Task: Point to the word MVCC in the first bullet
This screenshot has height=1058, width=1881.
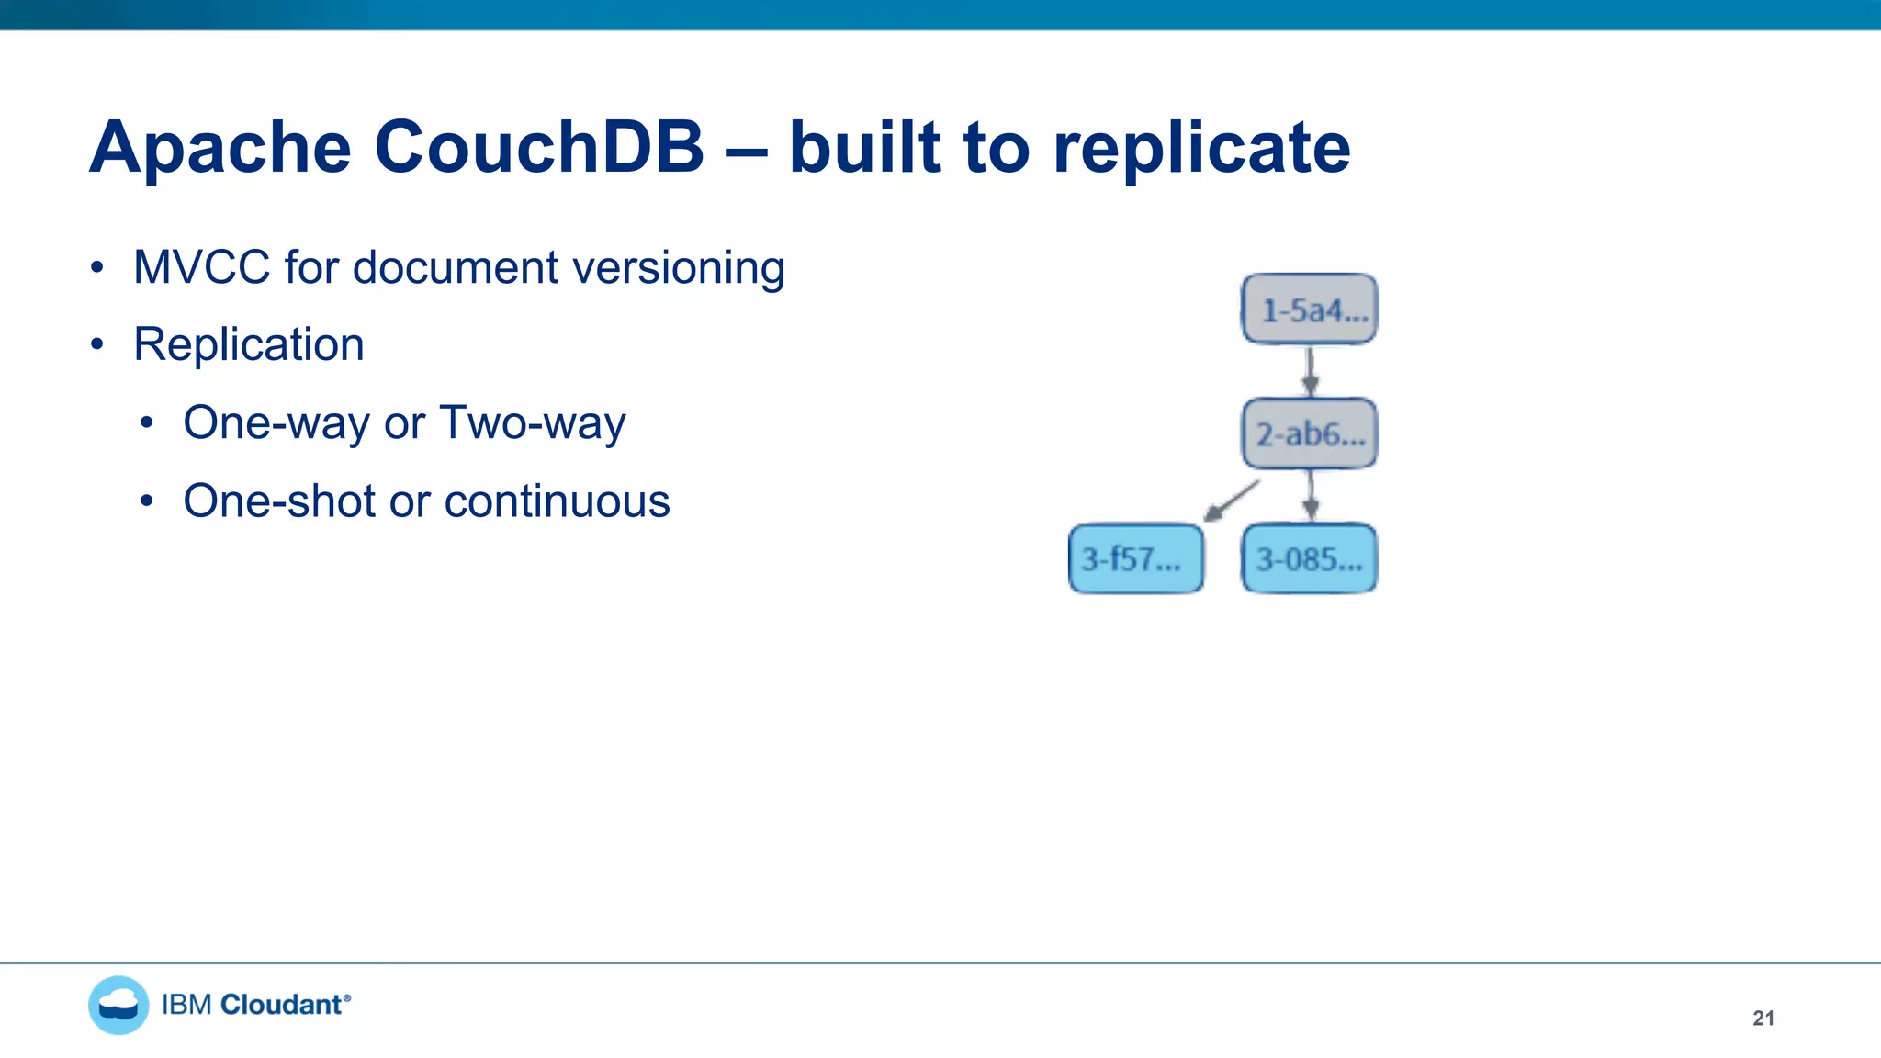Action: (202, 267)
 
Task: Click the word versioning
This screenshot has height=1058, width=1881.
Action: (678, 268)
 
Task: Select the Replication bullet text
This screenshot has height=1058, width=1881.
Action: (249, 344)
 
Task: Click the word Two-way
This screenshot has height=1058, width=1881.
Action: (533, 423)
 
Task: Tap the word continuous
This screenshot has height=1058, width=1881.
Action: (558, 501)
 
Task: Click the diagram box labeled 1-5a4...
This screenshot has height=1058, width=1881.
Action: (1310, 310)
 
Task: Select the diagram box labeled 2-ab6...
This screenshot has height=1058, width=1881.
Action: (1310, 433)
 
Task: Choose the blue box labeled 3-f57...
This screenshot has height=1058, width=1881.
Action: (1136, 558)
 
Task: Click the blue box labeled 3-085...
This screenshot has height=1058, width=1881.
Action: (1310, 558)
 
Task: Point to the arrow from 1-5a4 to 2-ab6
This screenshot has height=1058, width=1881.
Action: (1311, 371)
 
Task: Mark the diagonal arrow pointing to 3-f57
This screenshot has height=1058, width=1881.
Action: (1233, 501)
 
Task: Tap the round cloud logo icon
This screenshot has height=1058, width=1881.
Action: (118, 1005)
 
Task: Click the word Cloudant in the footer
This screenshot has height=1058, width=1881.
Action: (282, 1005)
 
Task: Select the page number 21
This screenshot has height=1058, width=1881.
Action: (1763, 1018)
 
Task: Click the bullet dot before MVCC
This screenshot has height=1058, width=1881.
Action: (97, 268)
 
